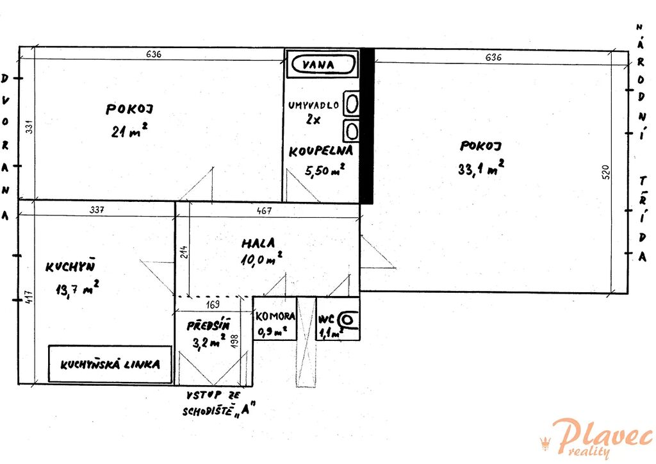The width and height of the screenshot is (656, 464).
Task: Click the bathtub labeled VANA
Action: click(x=323, y=65)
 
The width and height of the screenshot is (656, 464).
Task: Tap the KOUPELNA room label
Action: click(x=321, y=151)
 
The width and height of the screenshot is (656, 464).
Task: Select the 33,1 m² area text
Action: click(x=481, y=167)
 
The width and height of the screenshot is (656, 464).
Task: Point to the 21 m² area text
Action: click(x=129, y=130)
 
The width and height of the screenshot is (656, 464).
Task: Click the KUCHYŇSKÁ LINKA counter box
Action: click(x=110, y=364)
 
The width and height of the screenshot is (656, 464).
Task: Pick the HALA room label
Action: click(x=259, y=243)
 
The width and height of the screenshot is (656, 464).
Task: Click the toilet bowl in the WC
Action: click(x=348, y=320)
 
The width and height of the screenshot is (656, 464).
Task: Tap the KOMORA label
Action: click(x=275, y=317)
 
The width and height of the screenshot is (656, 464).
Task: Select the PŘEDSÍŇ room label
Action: click(x=208, y=325)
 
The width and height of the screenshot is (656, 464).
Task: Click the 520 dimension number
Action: click(x=606, y=172)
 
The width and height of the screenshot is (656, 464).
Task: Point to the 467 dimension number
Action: click(x=264, y=210)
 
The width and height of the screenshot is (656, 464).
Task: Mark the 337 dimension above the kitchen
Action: click(x=97, y=210)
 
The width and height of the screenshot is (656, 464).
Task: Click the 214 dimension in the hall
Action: click(x=184, y=251)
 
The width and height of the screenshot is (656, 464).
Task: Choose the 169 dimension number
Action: click(x=213, y=304)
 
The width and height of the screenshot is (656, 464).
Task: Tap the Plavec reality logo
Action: click(x=596, y=439)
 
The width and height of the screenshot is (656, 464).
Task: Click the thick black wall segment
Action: click(x=367, y=126)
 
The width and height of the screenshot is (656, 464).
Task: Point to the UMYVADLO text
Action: click(x=314, y=105)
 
